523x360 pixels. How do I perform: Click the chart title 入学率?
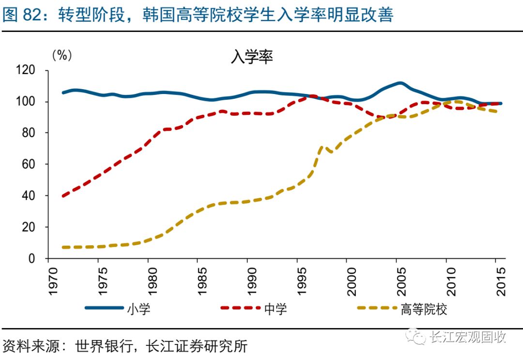pyautogui.click(x=251, y=58)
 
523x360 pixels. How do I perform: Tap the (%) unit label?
pyautogui.click(x=62, y=55)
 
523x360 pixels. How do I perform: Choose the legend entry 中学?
pyautogui.click(x=276, y=309)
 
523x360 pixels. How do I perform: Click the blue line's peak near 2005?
pyautogui.click(x=400, y=83)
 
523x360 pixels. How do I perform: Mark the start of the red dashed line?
pyautogui.click(x=63, y=196)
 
